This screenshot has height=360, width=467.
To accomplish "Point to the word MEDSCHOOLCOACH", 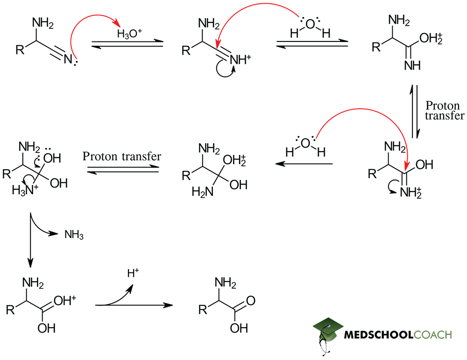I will [x=397, y=335].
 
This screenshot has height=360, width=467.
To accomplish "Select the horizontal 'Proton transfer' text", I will [x=121, y=156].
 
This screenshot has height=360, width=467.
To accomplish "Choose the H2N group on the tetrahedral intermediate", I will [x=202, y=193].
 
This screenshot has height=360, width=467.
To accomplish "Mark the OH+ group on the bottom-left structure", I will [x=65, y=301].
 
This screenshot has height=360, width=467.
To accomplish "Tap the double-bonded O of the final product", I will [x=251, y=300].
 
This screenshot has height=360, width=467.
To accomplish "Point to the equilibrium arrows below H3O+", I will [x=127, y=43].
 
